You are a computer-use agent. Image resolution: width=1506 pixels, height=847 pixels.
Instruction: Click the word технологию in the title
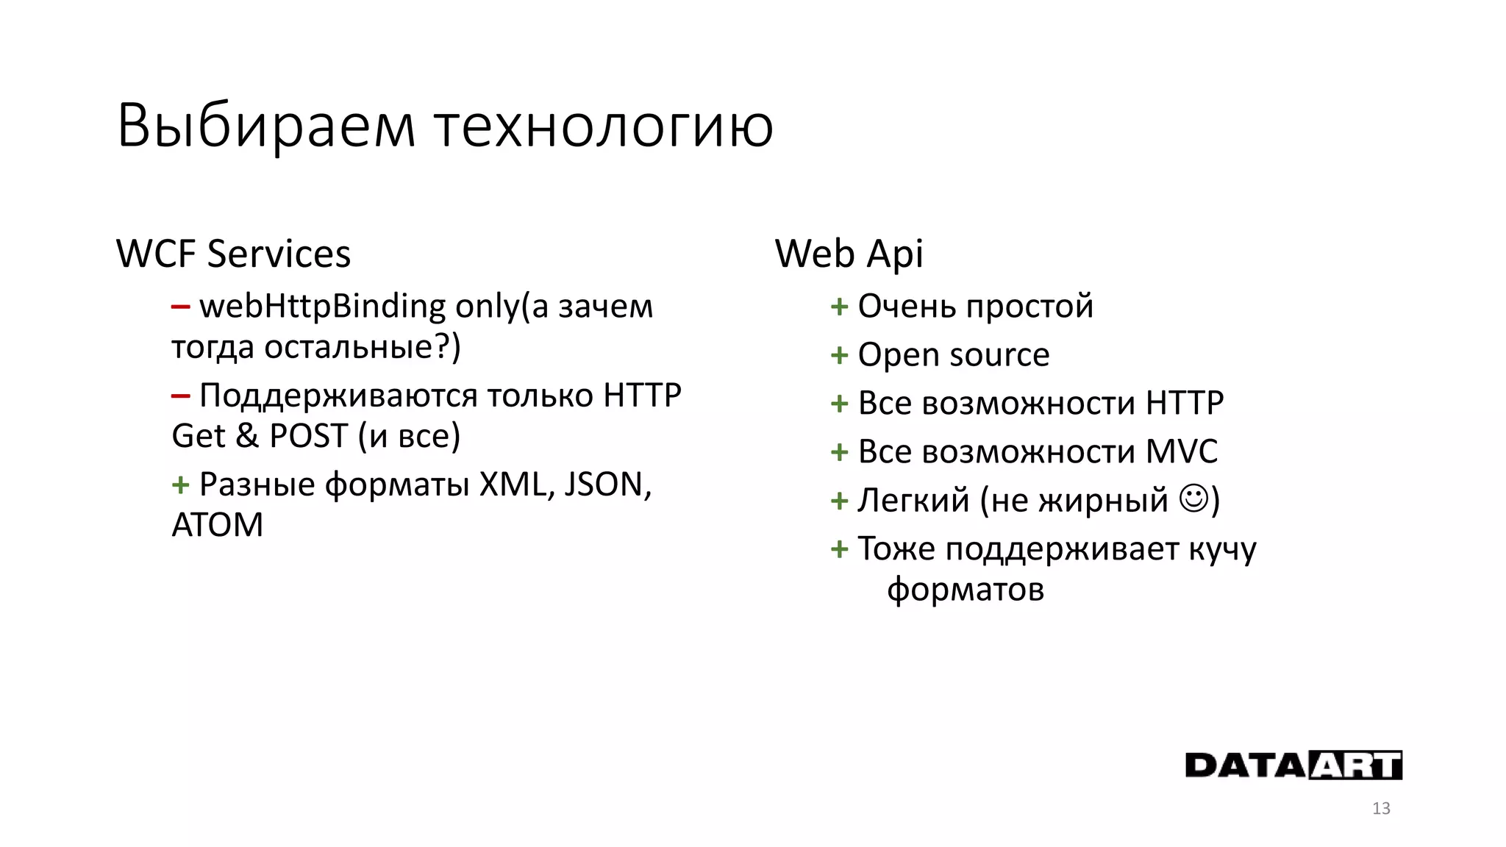tap(604, 126)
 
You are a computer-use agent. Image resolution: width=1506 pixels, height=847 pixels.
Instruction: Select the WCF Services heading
tap(233, 254)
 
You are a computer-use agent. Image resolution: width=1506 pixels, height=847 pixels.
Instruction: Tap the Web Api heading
tap(849, 254)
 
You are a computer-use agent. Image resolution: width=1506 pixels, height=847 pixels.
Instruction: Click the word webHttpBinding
tap(322, 307)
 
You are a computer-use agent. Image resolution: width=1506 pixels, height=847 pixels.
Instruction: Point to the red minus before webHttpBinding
tap(180, 307)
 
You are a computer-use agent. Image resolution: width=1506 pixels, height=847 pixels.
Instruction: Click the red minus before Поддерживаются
tap(180, 396)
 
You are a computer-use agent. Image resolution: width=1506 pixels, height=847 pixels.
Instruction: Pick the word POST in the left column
tap(308, 436)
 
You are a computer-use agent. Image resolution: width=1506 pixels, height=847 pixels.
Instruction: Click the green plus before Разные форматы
tap(180, 485)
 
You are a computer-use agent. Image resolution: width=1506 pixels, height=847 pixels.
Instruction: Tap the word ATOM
tap(217, 526)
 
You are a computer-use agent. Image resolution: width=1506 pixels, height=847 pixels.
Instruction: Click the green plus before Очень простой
tap(839, 307)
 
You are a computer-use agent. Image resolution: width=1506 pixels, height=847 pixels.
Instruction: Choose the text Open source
tap(954, 355)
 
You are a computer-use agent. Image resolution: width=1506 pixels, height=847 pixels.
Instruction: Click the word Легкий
tap(913, 501)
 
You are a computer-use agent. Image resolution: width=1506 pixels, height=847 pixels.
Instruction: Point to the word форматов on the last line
tap(966, 590)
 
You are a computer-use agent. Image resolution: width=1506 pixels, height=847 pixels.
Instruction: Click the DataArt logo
tap(1293, 765)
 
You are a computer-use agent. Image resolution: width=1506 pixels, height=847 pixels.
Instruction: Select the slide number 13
tap(1381, 809)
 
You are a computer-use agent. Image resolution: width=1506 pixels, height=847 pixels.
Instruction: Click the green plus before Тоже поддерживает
tap(839, 549)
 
